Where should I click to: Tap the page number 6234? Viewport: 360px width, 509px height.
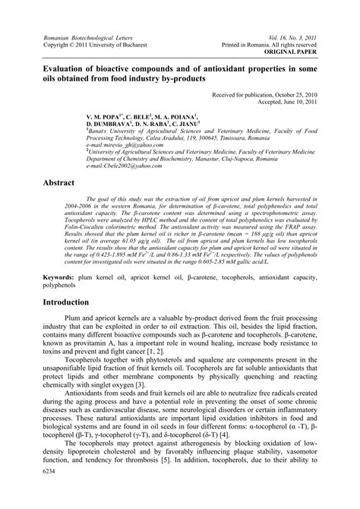pos(33,493)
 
